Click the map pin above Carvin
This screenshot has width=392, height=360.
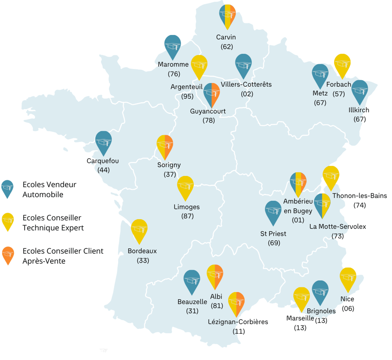tap(227, 15)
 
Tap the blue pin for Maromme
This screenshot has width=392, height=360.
tap(172, 45)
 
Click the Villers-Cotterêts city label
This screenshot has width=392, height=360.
tap(246, 84)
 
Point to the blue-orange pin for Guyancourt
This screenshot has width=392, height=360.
tap(212, 93)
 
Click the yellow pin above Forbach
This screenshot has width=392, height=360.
tap(342, 64)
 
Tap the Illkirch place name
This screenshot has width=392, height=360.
tap(359, 110)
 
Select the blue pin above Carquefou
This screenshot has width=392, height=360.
tap(104, 141)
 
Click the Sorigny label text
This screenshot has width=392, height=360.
tap(169, 165)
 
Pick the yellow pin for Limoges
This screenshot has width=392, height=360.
tap(185, 186)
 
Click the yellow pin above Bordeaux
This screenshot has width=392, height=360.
tap(139, 229)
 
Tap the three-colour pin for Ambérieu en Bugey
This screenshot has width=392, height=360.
tap(298, 182)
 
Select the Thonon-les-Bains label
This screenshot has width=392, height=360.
tap(359, 196)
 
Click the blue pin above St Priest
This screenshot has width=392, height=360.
tap(273, 211)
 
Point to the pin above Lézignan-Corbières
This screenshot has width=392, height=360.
tap(236, 302)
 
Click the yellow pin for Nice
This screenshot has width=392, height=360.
tap(348, 278)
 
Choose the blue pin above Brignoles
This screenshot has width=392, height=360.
tap(320, 291)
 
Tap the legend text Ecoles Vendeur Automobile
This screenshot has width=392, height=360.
tap(49, 189)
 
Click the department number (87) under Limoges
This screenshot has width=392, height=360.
tap(188, 216)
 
